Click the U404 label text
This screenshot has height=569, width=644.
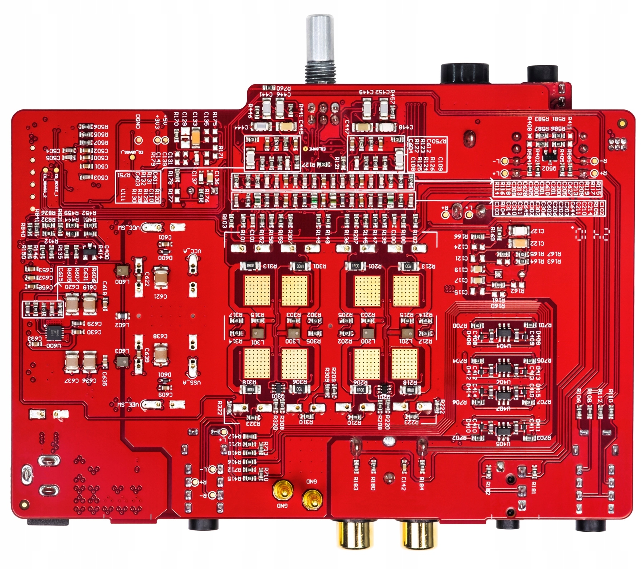click(504, 346)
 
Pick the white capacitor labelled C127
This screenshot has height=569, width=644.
click(518, 230)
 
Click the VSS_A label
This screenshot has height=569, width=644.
click(195, 383)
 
